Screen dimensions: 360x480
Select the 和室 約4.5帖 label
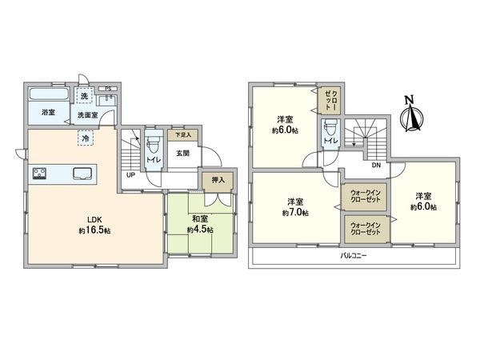[198, 223]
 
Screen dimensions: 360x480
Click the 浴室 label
[49, 114]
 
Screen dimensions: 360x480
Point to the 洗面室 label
[88, 115]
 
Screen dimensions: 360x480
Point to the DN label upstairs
[376, 165]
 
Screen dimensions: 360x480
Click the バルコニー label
[352, 257]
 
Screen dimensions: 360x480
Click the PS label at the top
[109, 90]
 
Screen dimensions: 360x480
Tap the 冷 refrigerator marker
[85, 138]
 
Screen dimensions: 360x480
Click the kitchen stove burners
[40, 173]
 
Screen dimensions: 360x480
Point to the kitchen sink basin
[82, 174]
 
